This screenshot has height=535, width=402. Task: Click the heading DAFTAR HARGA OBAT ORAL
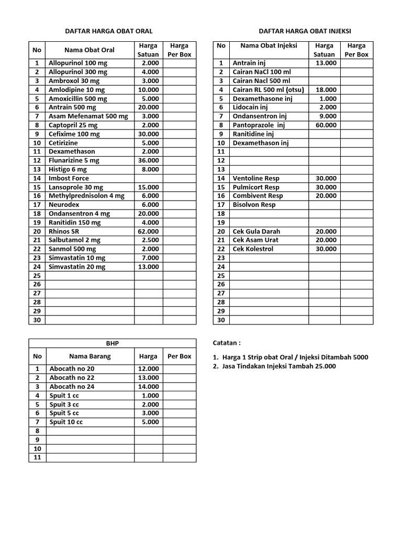pyautogui.click(x=108, y=31)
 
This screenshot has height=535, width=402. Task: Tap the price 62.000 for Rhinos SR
pyautogui.click(x=149, y=231)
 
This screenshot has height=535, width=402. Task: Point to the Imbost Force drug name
pyautogui.click(x=69, y=178)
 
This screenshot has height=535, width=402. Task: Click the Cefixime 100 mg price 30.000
pyautogui.click(x=149, y=134)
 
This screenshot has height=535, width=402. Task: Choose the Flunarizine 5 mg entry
pyautogui.click(x=74, y=160)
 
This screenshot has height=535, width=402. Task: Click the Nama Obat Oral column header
pyautogui.click(x=90, y=50)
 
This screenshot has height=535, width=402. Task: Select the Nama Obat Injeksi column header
pyautogui.click(x=269, y=45)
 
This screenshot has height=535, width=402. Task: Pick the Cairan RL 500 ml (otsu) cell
pyautogui.click(x=268, y=90)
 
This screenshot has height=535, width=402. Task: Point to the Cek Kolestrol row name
pyautogui.click(x=253, y=249)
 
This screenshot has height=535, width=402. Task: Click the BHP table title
pyautogui.click(x=113, y=343)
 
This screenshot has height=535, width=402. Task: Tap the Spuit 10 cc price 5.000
pyautogui.click(x=150, y=422)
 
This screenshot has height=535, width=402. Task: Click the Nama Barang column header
pyautogui.click(x=90, y=356)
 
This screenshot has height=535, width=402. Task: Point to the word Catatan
pyautogui.click(x=227, y=343)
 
